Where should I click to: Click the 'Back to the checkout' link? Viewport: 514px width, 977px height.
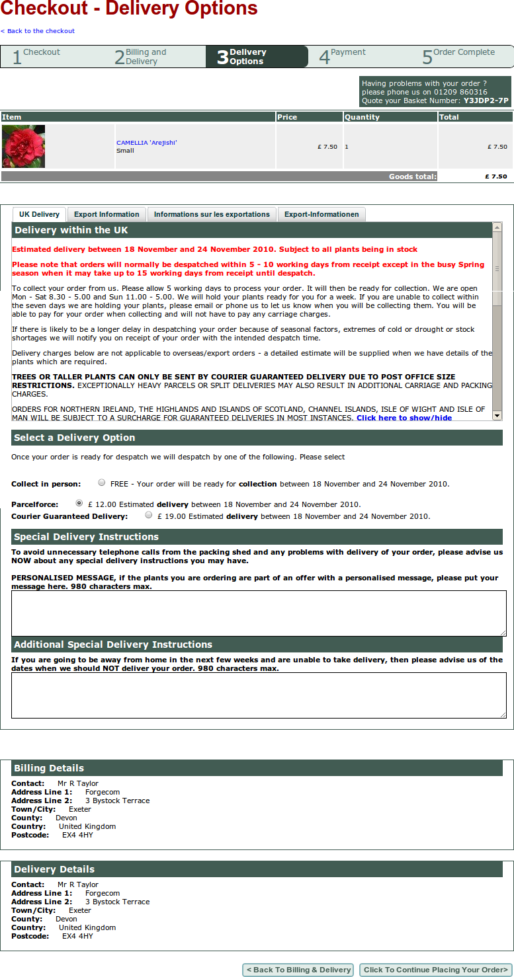point(39,31)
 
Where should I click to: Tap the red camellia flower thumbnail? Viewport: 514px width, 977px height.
point(24,146)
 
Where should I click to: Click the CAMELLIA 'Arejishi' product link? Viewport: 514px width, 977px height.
point(147,143)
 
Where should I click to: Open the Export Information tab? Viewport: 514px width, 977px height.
point(107,214)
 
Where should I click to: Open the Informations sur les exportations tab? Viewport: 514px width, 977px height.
point(212,214)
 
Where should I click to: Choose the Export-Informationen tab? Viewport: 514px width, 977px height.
point(321,214)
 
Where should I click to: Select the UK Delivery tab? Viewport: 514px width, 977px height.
point(39,214)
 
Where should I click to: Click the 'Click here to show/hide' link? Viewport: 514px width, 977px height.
point(404,418)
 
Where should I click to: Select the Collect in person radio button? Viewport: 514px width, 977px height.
point(102,483)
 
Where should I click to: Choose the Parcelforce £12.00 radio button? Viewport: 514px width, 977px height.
point(79,504)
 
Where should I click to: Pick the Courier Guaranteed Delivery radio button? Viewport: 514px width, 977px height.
point(149,516)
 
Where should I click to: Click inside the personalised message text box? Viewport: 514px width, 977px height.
point(259,613)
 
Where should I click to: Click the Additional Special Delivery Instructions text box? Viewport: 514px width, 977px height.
point(259,695)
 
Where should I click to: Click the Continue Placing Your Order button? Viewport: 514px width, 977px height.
point(435,970)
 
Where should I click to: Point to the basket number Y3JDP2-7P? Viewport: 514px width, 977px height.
point(486,101)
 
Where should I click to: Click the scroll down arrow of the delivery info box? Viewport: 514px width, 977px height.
point(497,414)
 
